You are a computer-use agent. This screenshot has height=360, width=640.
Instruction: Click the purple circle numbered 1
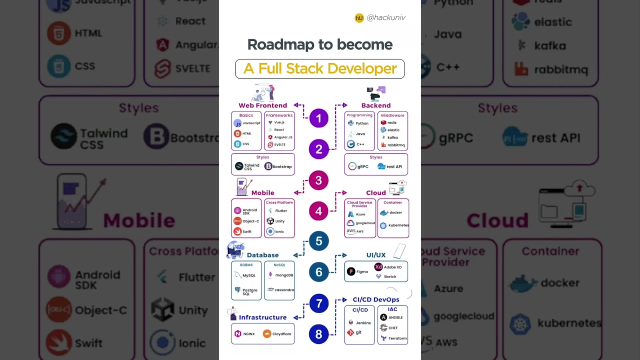(318, 118)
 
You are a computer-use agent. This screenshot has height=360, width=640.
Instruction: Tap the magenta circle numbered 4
(318, 211)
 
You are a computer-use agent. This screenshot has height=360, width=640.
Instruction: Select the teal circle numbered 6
(318, 272)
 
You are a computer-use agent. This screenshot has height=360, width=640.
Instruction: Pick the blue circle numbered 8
(318, 333)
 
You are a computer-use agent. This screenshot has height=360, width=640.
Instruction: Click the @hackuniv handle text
(385, 17)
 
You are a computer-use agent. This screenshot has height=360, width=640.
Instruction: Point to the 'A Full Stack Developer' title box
(320, 69)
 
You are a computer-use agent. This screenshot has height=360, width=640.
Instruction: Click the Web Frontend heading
(262, 105)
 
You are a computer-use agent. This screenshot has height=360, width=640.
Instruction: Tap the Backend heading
(376, 105)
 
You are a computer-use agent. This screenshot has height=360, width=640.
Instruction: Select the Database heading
(262, 255)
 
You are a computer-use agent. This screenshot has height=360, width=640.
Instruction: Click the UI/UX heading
(376, 255)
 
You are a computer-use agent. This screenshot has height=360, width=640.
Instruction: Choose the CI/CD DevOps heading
(376, 299)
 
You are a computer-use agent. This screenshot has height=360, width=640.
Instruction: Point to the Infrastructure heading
(262, 317)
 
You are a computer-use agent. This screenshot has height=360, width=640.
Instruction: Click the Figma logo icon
(351, 271)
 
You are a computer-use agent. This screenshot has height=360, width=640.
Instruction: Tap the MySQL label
(249, 275)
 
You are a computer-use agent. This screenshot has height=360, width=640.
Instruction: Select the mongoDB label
(284, 275)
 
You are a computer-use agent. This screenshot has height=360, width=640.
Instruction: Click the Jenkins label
(363, 323)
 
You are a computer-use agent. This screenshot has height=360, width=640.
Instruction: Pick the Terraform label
(397, 338)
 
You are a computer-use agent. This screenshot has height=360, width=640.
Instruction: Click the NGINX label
(249, 334)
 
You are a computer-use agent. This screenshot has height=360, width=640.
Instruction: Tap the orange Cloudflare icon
(267, 334)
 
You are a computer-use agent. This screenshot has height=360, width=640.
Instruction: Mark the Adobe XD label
(392, 267)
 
